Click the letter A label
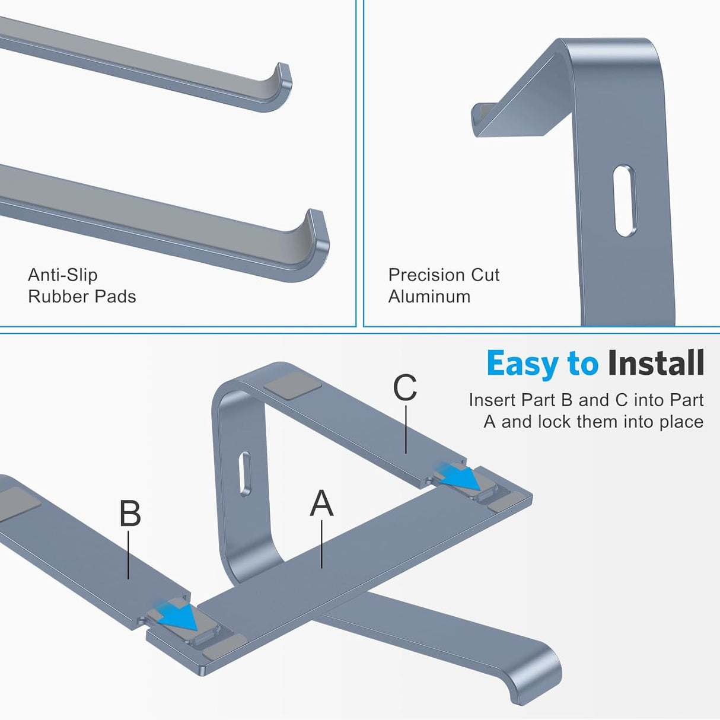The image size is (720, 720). [x=321, y=504]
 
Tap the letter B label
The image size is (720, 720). [x=130, y=514]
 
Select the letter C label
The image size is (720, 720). [x=405, y=388]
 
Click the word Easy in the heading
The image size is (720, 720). [x=522, y=364]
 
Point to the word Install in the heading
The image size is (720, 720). [x=656, y=364]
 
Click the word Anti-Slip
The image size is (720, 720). [x=62, y=275]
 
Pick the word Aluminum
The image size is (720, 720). [x=429, y=297]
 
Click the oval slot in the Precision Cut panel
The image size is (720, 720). [x=625, y=201]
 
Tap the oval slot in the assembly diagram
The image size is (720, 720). [x=244, y=474]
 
